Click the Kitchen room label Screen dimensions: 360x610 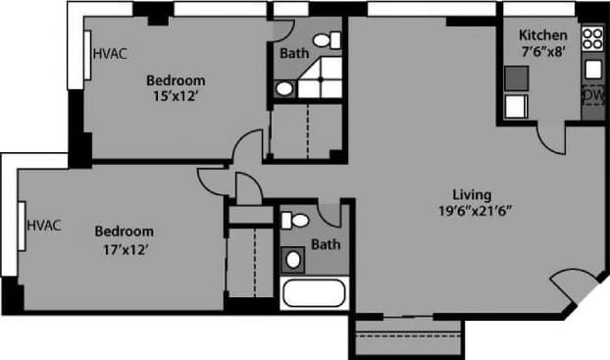pyautogui.click(x=543, y=35)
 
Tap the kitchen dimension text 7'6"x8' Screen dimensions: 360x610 pyautogui.click(x=543, y=53)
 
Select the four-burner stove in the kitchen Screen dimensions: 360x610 pyautogui.click(x=592, y=39)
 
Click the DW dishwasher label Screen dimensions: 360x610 pyautogui.click(x=592, y=95)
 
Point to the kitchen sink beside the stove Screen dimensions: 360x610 pyautogui.click(x=593, y=69)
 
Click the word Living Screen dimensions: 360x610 pyautogui.click(x=471, y=193)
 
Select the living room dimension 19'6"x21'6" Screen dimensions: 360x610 pyautogui.click(x=477, y=210)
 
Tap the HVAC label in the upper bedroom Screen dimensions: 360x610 pyautogui.click(x=108, y=55)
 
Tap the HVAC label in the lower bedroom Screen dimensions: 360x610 pyautogui.click(x=44, y=225)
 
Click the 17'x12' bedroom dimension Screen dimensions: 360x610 pyautogui.click(x=124, y=249)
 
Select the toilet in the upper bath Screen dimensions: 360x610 pyautogui.click(x=334, y=40)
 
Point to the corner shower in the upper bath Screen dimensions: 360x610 pyautogui.click(x=323, y=78)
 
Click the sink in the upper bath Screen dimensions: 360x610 pyautogui.click(x=283, y=88)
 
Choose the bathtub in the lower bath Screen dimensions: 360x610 pyautogui.click(x=313, y=293)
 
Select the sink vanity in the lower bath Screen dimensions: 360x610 pyautogui.click(x=293, y=259)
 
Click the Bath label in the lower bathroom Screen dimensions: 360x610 pyautogui.click(x=326, y=244)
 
